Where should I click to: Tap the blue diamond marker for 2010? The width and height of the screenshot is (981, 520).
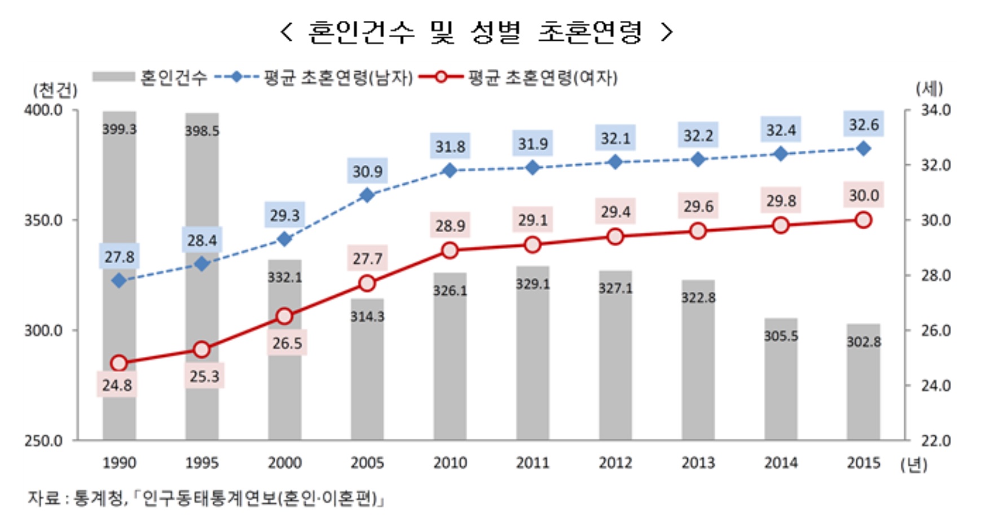coord(450,170)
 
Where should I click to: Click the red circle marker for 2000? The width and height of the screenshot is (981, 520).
coord(284,317)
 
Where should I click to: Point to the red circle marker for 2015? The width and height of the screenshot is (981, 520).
coord(863,220)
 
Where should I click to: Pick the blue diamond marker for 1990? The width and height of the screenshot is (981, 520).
coord(119,281)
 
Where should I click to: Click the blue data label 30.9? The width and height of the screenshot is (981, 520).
coord(367,172)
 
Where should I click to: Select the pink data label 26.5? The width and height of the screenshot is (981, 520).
coord(287,343)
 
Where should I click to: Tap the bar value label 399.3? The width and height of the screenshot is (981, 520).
coord(119,129)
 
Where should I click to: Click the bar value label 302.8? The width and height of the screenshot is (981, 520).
coord(863,342)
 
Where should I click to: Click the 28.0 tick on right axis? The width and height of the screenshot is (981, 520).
coord(935,276)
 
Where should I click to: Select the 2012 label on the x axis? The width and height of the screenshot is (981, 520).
coord(615,463)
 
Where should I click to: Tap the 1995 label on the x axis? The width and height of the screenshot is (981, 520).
coord(202,463)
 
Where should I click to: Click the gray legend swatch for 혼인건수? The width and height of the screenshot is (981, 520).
coord(113,77)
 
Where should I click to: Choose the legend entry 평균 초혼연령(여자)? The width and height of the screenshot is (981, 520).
coord(542,77)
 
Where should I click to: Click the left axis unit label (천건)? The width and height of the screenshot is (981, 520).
coord(55,90)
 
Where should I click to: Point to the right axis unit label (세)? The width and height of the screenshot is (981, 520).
coord(929,89)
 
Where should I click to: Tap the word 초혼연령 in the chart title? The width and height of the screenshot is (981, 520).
coord(590,32)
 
